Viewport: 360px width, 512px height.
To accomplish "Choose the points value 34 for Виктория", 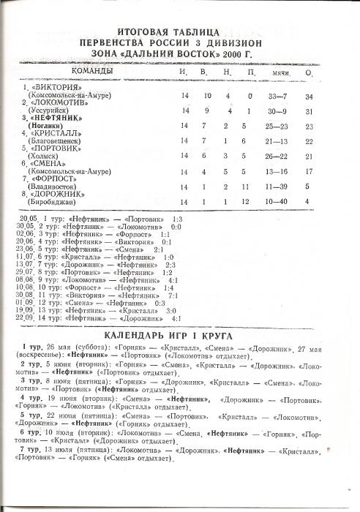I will pyautogui.click(x=310, y=97).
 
